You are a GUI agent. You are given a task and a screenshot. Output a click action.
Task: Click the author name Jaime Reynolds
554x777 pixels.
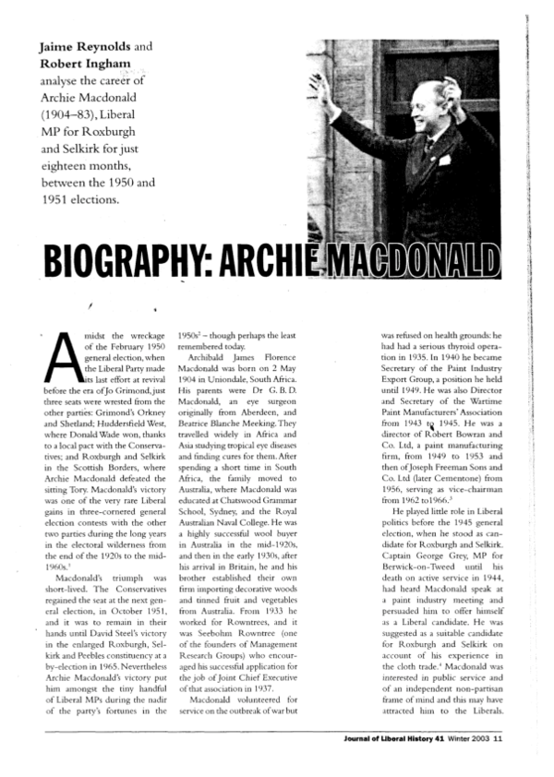(x=86, y=46)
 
